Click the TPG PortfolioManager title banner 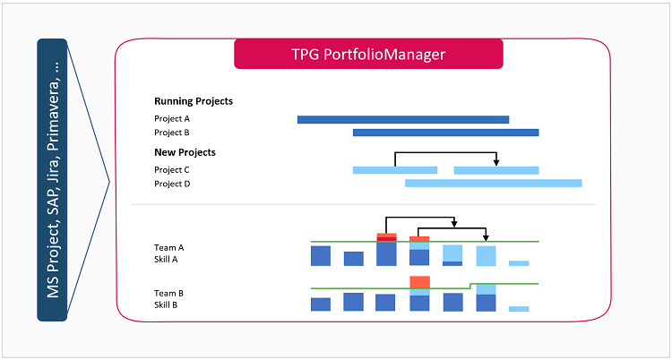click(368, 54)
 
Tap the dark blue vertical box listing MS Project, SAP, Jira click(53, 179)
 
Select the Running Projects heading click(194, 101)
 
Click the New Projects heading click(185, 152)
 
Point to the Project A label click(172, 118)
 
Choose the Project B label click(172, 133)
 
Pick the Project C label click(172, 169)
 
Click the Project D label click(172, 184)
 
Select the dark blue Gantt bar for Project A click(403, 119)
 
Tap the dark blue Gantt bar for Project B click(445, 133)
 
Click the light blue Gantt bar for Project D click(493, 183)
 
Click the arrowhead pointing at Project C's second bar click(496, 163)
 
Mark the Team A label click(169, 247)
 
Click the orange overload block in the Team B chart click(419, 282)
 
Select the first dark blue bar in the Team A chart click(321, 255)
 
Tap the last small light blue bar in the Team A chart click(519, 263)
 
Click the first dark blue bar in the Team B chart click(321, 304)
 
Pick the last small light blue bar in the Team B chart click(519, 309)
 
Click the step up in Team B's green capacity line click(471, 286)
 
